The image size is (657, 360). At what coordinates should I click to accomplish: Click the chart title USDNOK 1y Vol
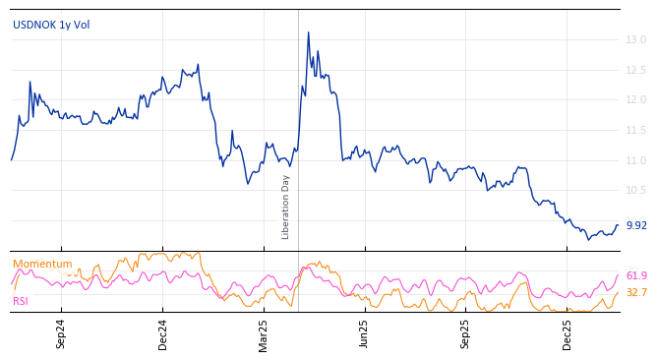click(x=51, y=25)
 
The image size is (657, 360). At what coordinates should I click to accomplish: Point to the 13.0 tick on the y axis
click(x=635, y=39)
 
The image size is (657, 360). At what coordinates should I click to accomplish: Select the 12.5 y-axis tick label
click(x=635, y=70)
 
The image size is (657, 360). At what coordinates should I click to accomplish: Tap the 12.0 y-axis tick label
click(x=635, y=100)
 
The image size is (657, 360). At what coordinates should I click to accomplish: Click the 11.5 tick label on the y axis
click(x=635, y=130)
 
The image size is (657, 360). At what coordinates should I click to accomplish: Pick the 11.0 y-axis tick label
click(x=635, y=160)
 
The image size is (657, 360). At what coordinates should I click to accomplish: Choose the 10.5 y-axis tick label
click(x=635, y=190)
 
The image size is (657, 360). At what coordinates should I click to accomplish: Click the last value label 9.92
click(x=636, y=225)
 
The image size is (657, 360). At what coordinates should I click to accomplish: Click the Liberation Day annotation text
click(x=286, y=207)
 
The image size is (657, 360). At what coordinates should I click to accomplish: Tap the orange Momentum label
click(x=42, y=264)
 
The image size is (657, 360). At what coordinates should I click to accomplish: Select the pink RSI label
click(x=21, y=301)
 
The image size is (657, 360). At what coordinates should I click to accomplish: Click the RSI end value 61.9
click(x=636, y=276)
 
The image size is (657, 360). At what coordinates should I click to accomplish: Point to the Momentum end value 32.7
click(x=636, y=293)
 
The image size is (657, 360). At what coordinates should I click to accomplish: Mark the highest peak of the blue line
click(x=308, y=32)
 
